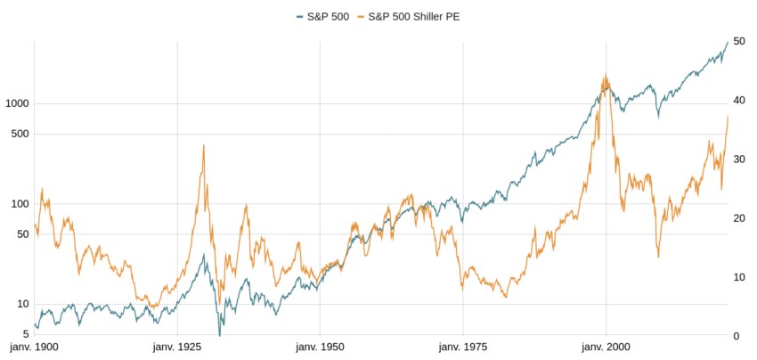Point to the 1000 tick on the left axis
(x=17, y=103)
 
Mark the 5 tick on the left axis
(x=26, y=335)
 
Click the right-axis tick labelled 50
(x=738, y=42)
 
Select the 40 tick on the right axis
(x=738, y=101)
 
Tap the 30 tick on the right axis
(x=738, y=160)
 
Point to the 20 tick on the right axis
(x=738, y=218)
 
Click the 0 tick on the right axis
(x=736, y=336)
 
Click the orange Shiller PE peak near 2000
(x=606, y=75)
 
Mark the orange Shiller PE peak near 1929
(x=204, y=145)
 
